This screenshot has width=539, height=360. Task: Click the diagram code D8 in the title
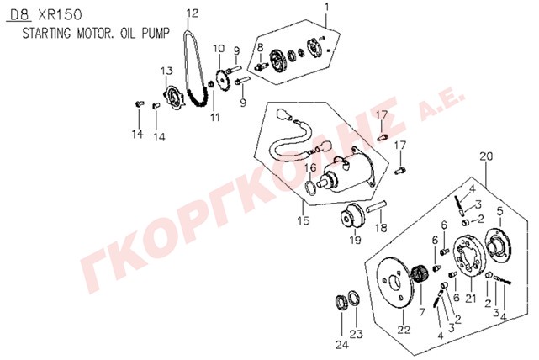point(20,15)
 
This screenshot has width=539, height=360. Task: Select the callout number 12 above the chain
point(193,13)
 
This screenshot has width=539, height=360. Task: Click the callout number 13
point(166,71)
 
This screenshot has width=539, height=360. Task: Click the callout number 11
point(215,117)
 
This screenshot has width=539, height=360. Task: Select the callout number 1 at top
point(326,7)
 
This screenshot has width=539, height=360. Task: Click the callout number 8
point(260,47)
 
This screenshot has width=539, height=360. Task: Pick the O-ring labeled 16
point(311,188)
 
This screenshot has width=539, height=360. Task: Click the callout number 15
point(304,220)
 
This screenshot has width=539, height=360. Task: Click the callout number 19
point(356,240)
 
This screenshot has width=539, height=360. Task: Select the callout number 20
point(486,156)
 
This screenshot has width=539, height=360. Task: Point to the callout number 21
point(471,298)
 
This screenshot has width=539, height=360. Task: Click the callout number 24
point(342,344)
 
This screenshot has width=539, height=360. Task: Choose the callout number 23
point(356,333)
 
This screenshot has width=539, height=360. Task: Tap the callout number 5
point(499,211)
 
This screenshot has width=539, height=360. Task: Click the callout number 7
point(422,311)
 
